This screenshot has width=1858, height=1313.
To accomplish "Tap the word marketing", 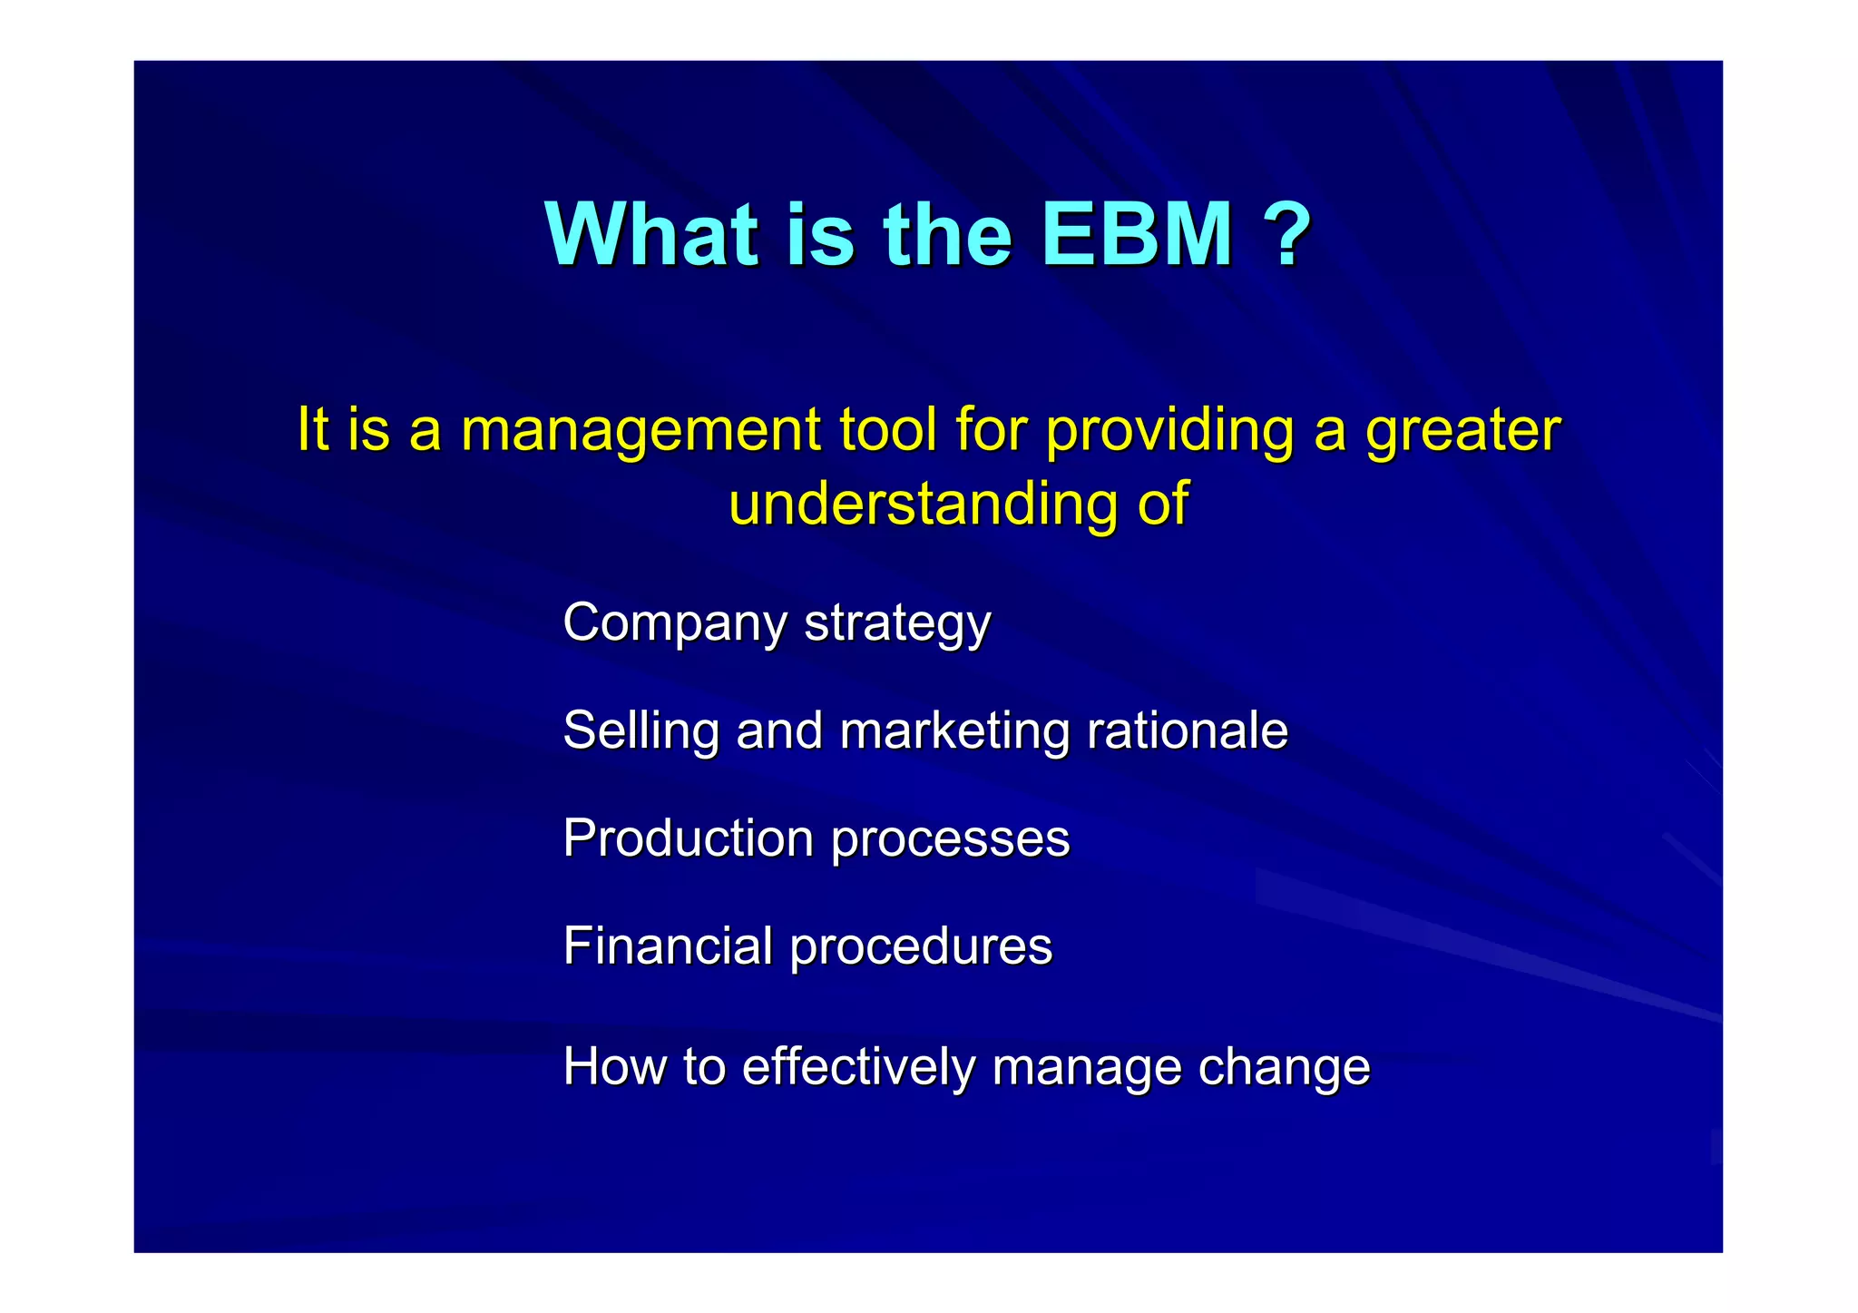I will pyautogui.click(x=954, y=731).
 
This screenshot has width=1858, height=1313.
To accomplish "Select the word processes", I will pyautogui.click(x=950, y=839).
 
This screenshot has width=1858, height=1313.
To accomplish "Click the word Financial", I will pyautogui.click(x=667, y=946).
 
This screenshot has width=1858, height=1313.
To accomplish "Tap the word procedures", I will pyautogui.click(x=921, y=947).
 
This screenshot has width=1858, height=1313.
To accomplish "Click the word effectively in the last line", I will pyautogui.click(x=857, y=1066).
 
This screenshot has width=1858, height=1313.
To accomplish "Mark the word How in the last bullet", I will pyautogui.click(x=614, y=1066).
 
